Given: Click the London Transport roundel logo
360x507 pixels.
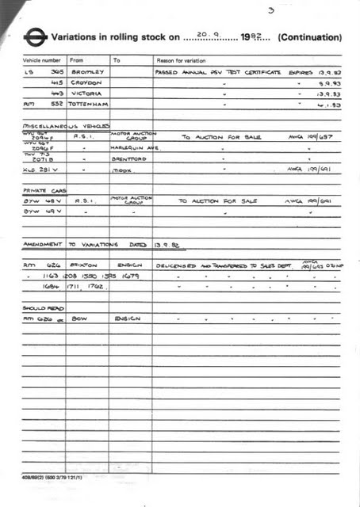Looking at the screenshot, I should [36, 36].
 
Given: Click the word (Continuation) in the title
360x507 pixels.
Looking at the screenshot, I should [310, 37].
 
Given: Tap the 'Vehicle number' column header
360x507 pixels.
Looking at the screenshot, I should [41, 60].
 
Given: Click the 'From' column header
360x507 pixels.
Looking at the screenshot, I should [76, 60].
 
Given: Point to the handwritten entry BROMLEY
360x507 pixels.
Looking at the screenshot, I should [86, 71].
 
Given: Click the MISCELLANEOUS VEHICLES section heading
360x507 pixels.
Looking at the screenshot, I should [66, 125].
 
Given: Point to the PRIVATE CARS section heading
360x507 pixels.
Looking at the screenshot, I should [44, 191].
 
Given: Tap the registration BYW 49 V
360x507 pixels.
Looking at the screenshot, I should [40, 212].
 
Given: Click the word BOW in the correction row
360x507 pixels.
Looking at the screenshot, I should [79, 318].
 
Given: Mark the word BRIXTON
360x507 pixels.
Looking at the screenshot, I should [84, 265].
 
